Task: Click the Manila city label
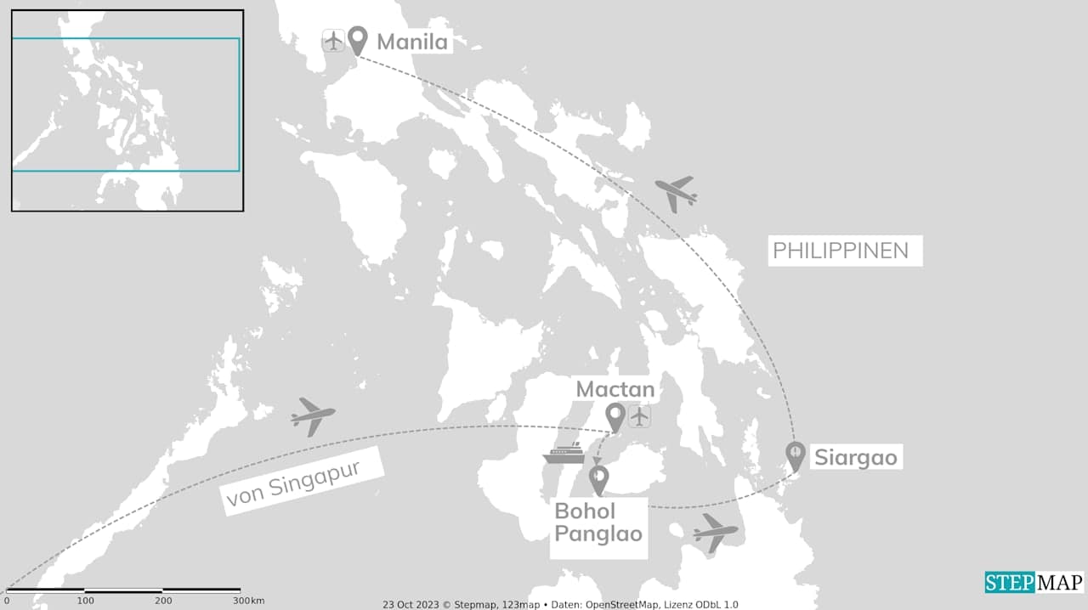412,42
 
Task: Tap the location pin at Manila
358,40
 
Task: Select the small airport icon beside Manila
333,40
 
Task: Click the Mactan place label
615,390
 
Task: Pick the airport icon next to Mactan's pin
639,416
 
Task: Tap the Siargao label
855,458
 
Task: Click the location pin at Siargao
795,456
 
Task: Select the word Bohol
584,511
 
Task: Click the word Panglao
598,535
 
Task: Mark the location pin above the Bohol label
598,481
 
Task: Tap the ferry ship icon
564,453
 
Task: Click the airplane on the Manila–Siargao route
677,194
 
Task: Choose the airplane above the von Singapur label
312,416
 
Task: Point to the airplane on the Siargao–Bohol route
715,533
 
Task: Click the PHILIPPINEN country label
840,251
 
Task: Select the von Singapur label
301,482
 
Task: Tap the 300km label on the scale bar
250,601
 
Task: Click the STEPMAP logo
1034,583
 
